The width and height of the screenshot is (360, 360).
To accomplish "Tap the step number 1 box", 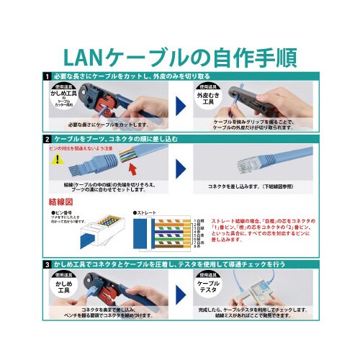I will pos(47,76).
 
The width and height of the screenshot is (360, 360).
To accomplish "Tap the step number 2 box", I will pos(47,138).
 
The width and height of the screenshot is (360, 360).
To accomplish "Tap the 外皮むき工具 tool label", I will pos(207,96).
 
